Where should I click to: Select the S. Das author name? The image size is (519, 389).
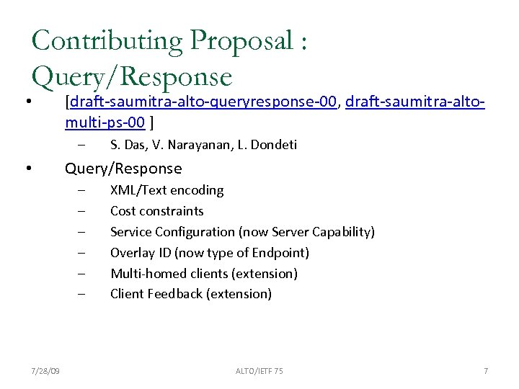pos(126,145)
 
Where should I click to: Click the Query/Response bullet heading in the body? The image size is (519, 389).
pos(123,169)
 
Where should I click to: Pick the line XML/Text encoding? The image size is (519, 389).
pos(167,190)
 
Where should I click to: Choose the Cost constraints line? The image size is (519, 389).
pos(156,211)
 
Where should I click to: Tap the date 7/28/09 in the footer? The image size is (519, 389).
pos(45,371)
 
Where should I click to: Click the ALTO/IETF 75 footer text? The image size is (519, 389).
pos(259,371)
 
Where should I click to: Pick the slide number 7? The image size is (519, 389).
pos(486,371)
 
